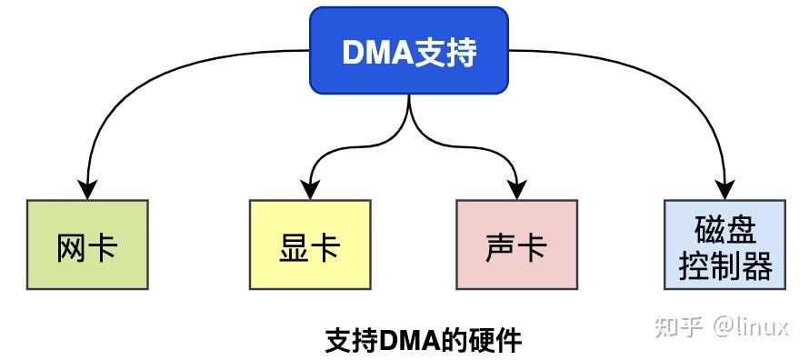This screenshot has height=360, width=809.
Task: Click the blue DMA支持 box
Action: coord(408,51)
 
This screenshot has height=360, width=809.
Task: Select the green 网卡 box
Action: coord(87,245)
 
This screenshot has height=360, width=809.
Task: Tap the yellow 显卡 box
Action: coord(309,245)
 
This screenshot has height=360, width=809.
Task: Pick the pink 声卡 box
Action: coord(517,245)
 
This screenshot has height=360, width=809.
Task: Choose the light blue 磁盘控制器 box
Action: coord(724,245)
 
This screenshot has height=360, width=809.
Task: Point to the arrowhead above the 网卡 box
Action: coord(87,188)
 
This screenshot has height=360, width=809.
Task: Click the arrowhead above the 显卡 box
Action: coord(309,188)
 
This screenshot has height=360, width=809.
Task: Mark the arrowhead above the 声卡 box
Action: coord(517,188)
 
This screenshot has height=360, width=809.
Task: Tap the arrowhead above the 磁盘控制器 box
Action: coord(724,188)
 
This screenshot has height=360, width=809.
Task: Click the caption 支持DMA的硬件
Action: coord(424,340)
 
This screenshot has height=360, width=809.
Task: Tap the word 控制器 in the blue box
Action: coord(724,265)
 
